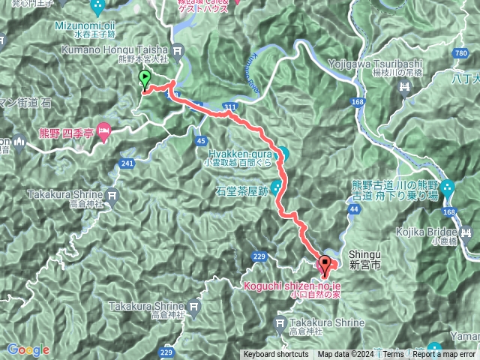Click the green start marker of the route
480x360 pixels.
click(x=144, y=79)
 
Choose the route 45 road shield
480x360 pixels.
click(x=200, y=140)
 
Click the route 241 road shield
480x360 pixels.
click(x=126, y=163)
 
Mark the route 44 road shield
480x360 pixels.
click(x=355, y=209)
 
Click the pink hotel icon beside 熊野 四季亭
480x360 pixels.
click(x=103, y=130)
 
